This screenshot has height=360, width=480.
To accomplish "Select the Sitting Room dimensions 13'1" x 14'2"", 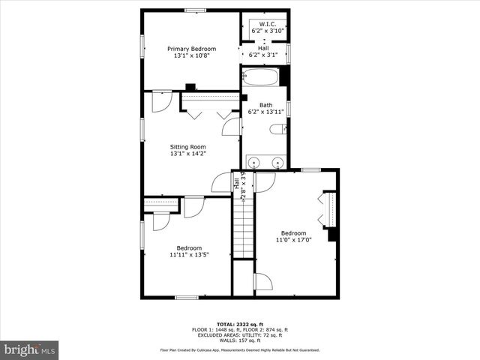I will click(187, 154).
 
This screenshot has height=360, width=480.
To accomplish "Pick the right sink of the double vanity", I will click(277, 162).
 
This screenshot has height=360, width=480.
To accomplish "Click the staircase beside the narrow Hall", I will click(242, 229).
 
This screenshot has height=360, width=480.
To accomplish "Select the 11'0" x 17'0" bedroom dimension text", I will click(294, 240).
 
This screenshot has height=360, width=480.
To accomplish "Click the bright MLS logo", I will click(30, 349).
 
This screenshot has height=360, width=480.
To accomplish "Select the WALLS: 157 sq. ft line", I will click(240, 340).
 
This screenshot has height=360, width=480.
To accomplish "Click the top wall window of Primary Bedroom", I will click(192, 10).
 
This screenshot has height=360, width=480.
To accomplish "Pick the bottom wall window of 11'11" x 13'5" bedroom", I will click(187, 298).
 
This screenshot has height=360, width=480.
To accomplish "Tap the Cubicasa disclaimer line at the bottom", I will click(240, 350).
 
